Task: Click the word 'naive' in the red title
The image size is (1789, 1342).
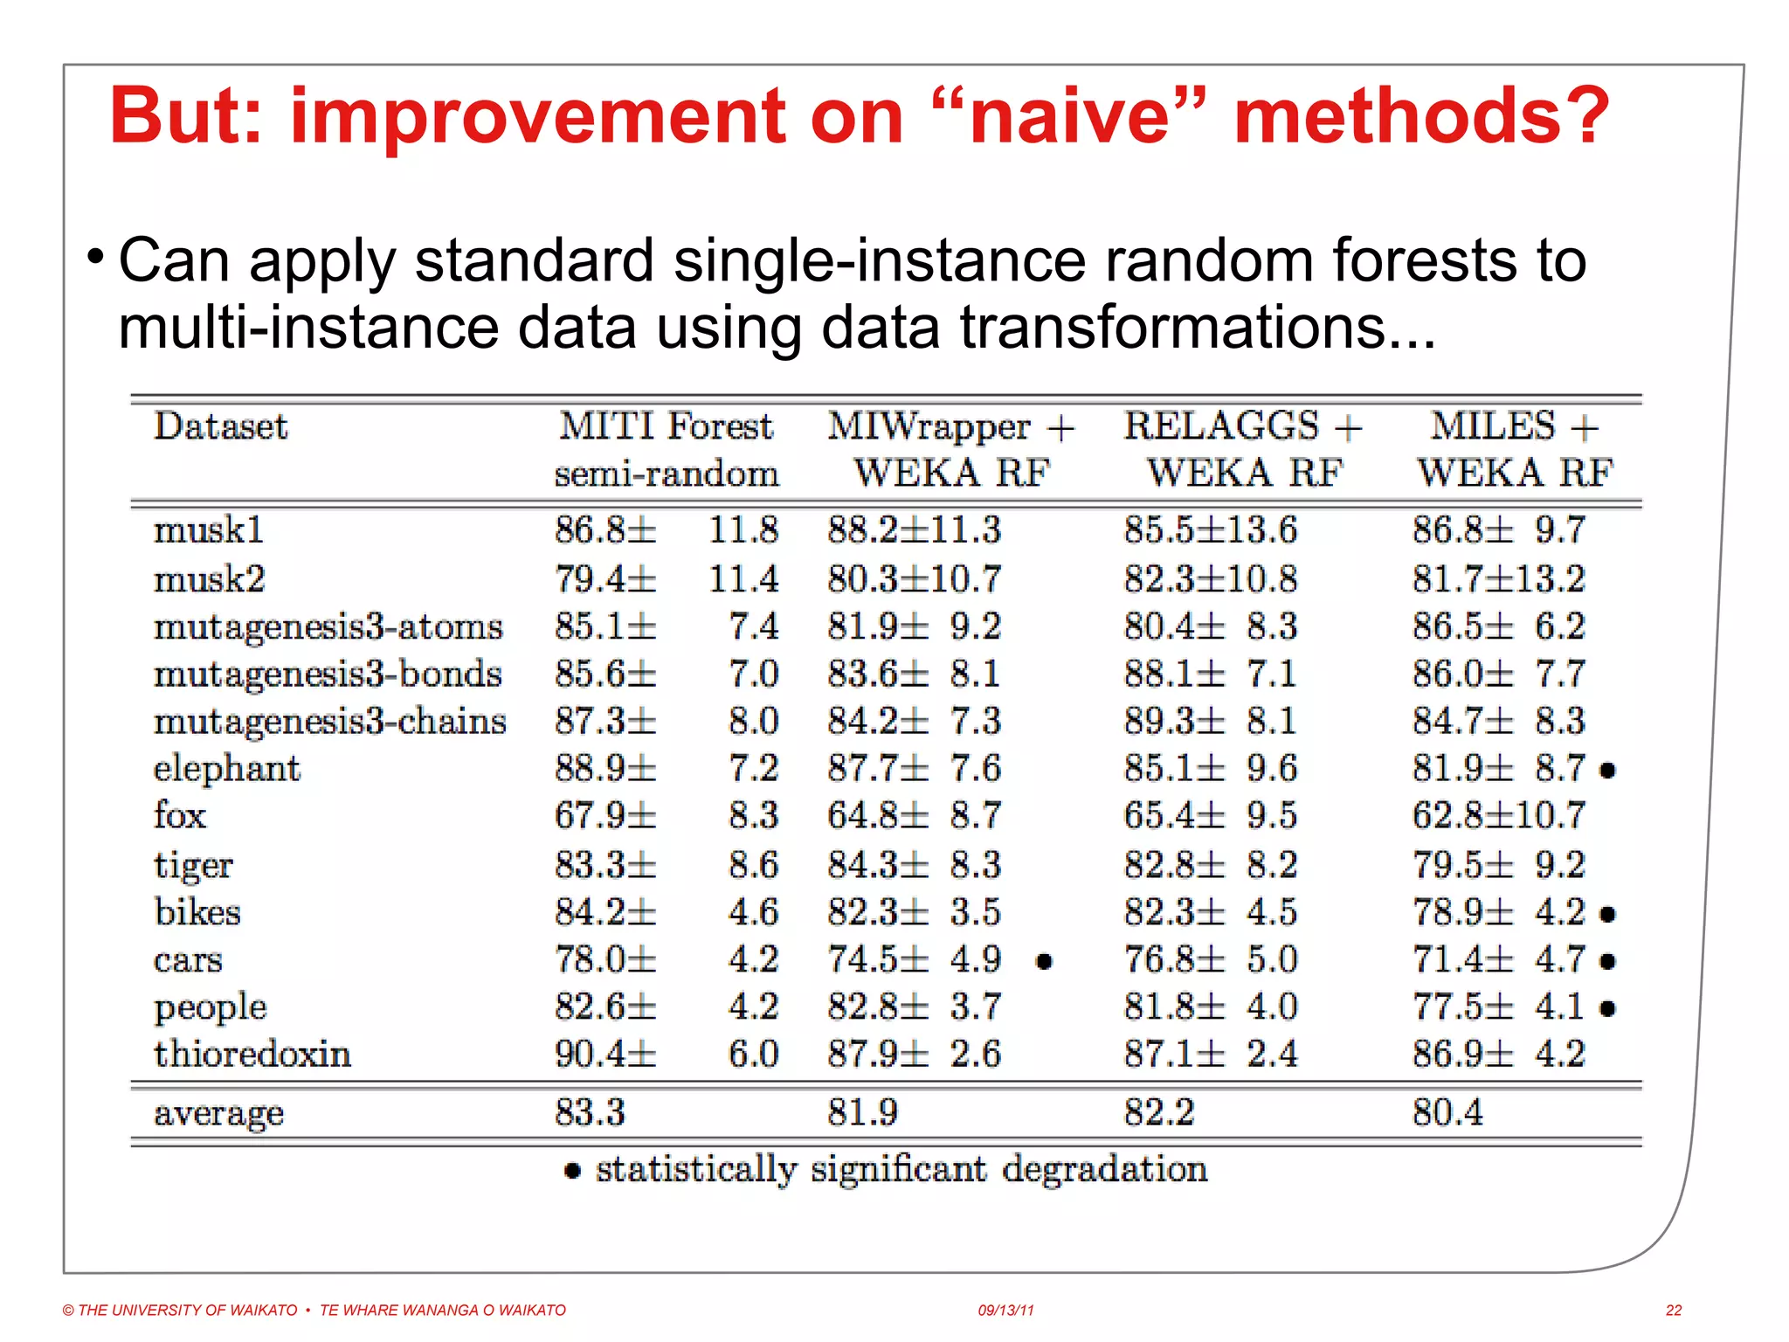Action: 1069,118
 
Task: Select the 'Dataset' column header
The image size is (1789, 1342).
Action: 220,426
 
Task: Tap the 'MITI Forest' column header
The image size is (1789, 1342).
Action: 666,426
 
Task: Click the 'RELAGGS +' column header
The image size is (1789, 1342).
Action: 1242,426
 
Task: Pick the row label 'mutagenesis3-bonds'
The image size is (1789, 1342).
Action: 328,674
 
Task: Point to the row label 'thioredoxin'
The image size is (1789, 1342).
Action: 252,1054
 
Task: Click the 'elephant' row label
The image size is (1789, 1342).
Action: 226,769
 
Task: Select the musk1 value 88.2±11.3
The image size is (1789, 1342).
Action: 914,529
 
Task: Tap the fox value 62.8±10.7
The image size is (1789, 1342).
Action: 1498,816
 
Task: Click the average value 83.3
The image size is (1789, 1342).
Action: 590,1112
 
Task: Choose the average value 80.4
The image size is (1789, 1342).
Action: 1447,1112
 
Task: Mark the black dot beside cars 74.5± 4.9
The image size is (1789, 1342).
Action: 1044,962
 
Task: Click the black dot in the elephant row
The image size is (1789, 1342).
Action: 1607,771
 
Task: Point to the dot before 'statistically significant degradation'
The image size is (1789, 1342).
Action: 572,1171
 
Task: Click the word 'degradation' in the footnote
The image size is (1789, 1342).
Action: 1105,1169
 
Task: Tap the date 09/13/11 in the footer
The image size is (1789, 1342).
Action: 1005,1310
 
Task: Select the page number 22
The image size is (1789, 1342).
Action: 1673,1310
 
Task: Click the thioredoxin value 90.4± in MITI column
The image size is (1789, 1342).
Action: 604,1054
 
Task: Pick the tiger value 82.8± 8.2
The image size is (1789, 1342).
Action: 1210,865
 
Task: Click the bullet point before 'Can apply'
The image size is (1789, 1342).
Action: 96,257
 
